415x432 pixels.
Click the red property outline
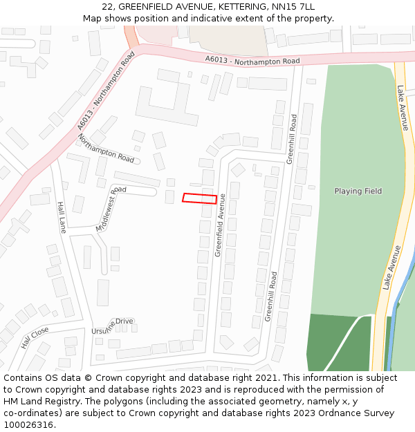(x=199, y=198)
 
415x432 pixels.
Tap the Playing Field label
(x=358, y=191)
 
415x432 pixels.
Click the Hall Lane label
(x=62, y=217)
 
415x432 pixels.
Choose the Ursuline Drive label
(x=112, y=326)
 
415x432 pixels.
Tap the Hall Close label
(x=34, y=337)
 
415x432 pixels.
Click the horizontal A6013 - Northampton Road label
(x=252, y=61)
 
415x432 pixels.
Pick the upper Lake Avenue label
(x=403, y=108)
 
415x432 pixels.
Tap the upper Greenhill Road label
(x=292, y=139)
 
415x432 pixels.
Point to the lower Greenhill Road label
(x=271, y=296)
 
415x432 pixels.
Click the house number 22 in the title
(x=107, y=7)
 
